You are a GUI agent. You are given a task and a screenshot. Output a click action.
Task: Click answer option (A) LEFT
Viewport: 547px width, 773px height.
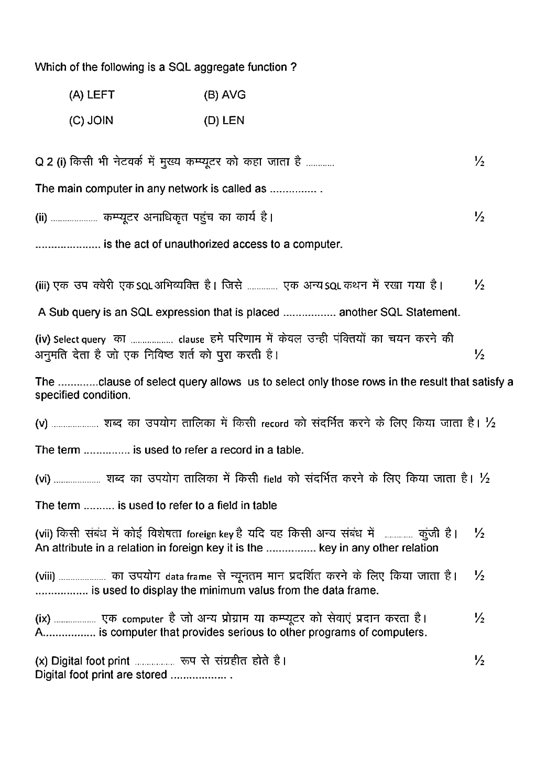[92, 95]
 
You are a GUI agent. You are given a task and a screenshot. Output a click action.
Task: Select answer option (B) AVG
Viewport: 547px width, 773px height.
[225, 95]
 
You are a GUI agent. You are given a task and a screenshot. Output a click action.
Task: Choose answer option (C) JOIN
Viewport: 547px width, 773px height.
[91, 120]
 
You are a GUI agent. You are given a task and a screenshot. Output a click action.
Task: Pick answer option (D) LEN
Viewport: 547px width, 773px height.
[224, 120]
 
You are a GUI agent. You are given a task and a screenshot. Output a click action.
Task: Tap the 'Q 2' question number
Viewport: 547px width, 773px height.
[43, 162]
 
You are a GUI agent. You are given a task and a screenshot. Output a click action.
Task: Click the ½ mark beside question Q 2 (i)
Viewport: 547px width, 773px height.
[479, 162]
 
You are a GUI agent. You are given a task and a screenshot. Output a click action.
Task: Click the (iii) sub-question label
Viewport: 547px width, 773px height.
[42, 286]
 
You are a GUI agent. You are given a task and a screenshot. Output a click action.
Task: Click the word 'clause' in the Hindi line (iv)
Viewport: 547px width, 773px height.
[191, 340]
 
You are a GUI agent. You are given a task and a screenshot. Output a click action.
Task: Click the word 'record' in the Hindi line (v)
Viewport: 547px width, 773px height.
[275, 424]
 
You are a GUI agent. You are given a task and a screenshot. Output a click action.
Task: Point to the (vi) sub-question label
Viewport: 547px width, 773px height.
[42, 479]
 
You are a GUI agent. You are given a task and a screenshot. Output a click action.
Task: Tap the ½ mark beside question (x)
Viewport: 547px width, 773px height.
[479, 661]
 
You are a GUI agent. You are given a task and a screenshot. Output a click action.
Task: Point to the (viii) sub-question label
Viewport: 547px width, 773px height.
[45, 577]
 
